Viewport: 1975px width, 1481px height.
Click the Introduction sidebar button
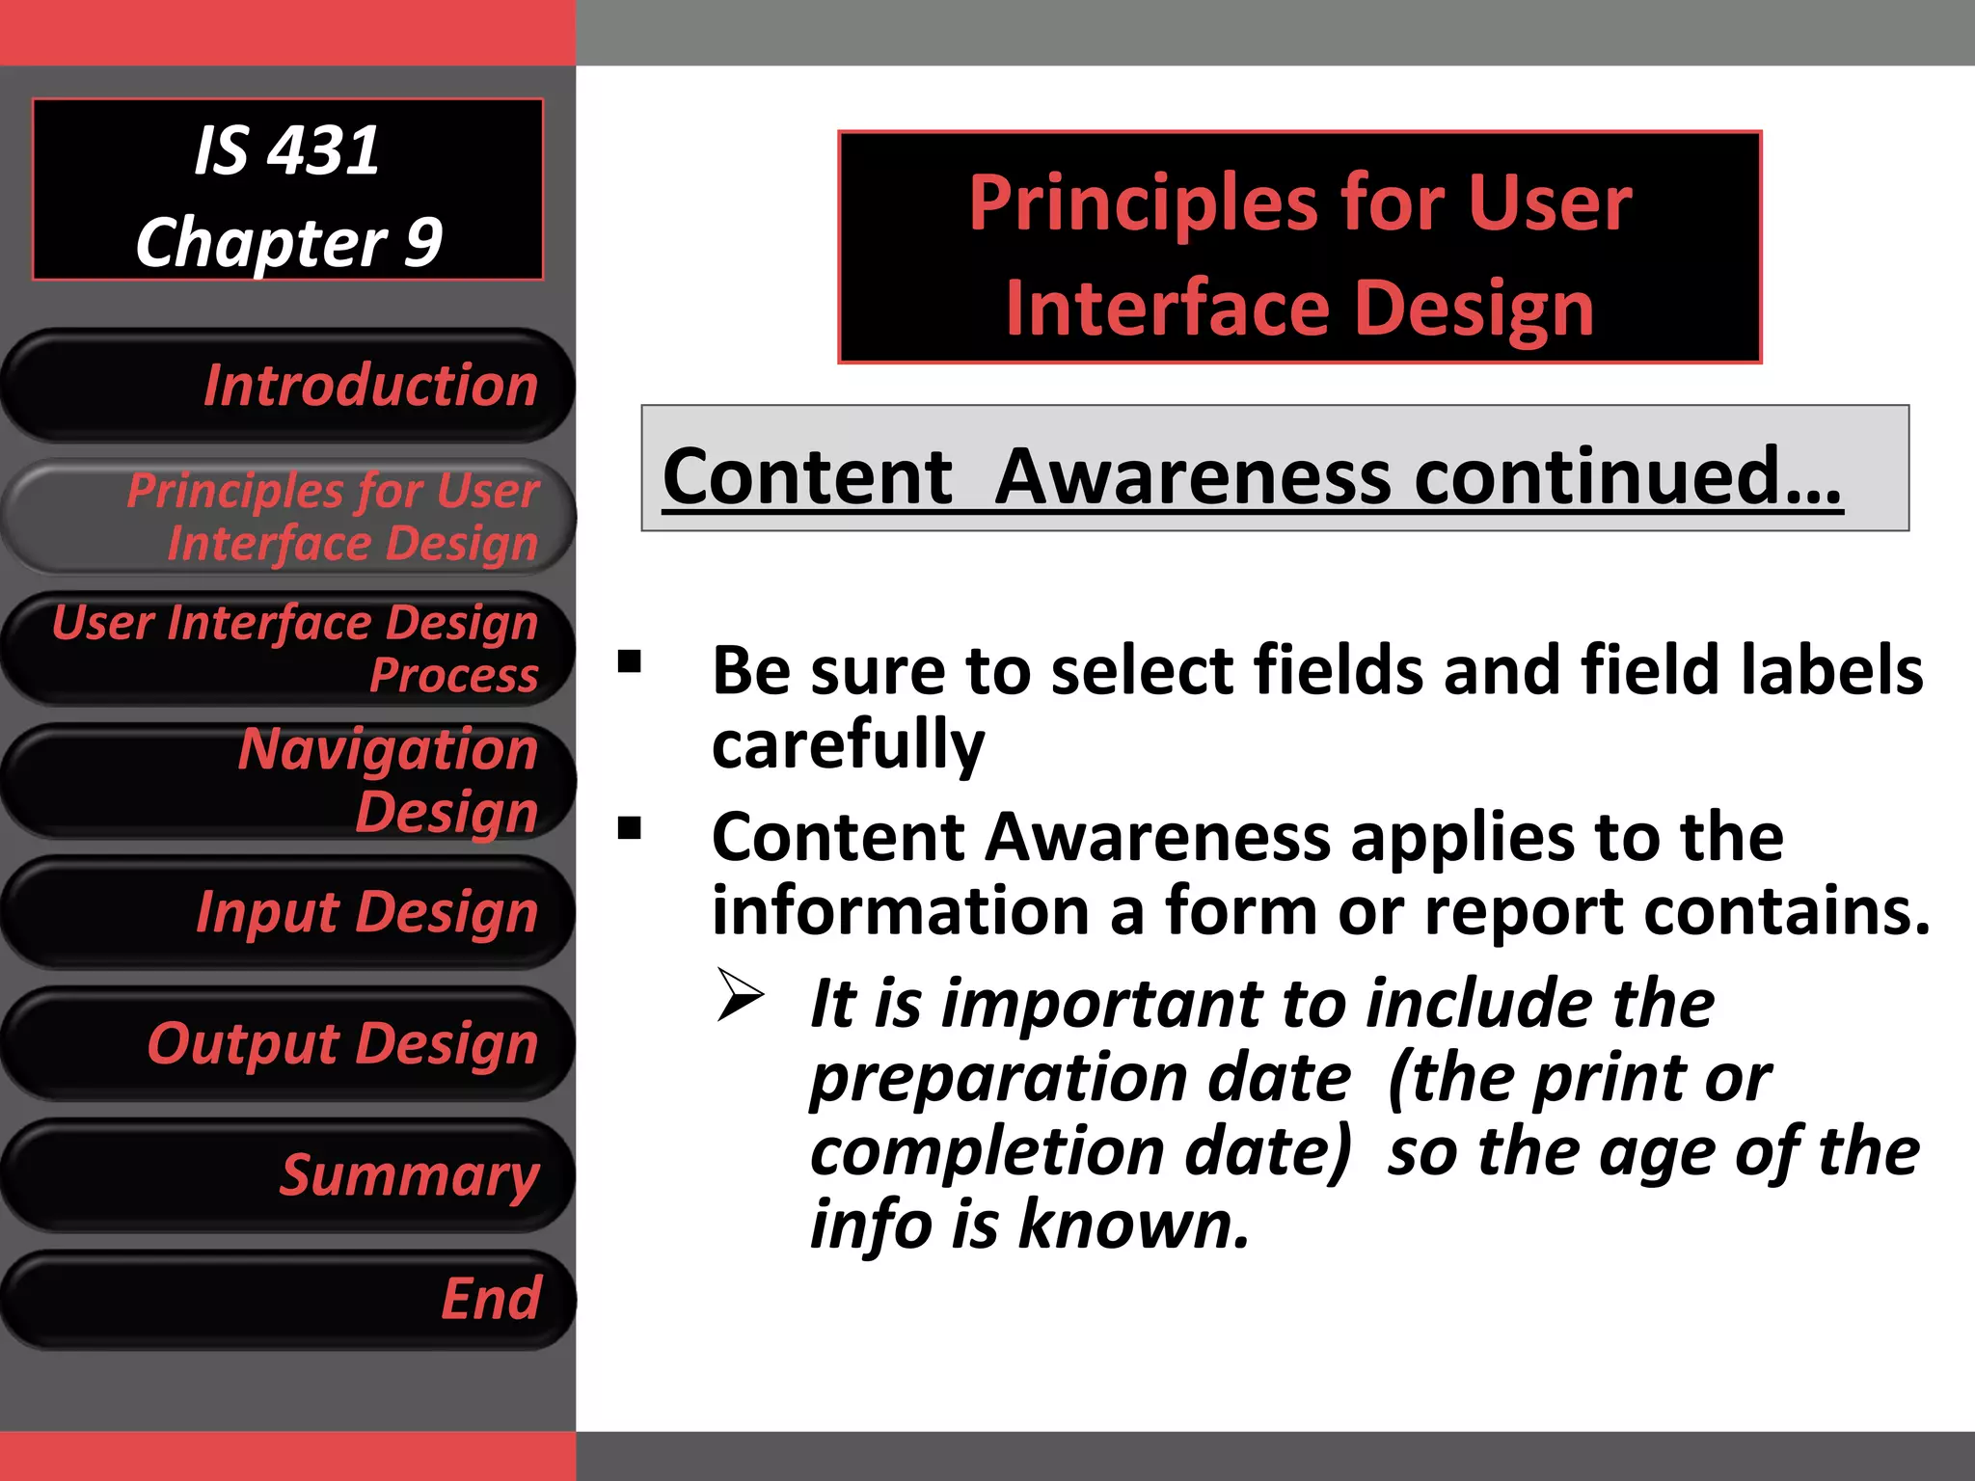pos(289,386)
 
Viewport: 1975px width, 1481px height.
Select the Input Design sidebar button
pos(289,912)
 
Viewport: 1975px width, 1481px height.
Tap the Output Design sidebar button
pos(289,1044)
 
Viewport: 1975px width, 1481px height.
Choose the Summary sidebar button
pos(289,1176)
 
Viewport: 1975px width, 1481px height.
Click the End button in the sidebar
pos(289,1300)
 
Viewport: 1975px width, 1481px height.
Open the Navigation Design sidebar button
pos(289,780)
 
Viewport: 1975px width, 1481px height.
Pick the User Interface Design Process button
pos(289,648)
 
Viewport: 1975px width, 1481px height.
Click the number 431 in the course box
pos(324,151)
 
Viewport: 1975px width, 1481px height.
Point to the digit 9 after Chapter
pos(422,242)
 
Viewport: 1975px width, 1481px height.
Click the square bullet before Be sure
pos(630,661)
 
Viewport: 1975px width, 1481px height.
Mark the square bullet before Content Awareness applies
pos(630,828)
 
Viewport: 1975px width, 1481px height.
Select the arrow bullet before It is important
pos(741,996)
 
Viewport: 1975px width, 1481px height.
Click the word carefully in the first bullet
pos(848,745)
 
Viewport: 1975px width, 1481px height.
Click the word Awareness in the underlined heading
pos(1194,476)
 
